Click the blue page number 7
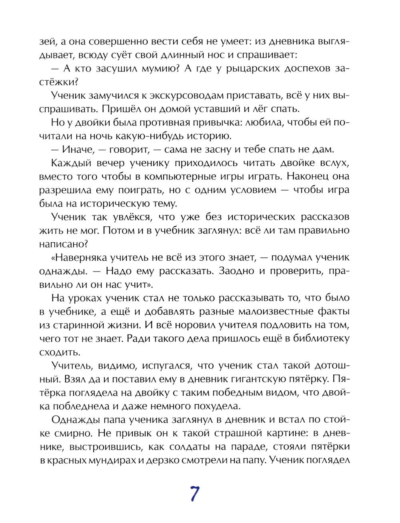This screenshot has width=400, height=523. point(194,494)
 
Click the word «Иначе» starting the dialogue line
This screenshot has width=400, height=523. point(76,150)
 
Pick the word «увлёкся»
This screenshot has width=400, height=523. point(134,217)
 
